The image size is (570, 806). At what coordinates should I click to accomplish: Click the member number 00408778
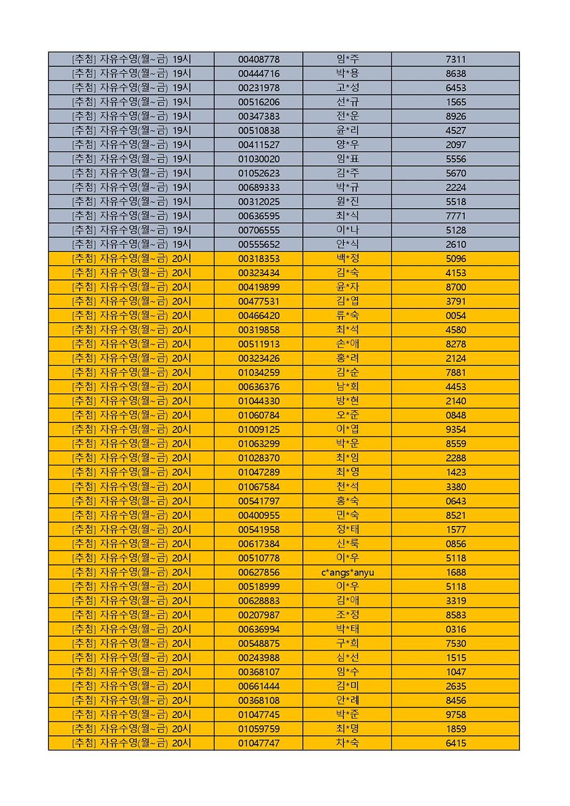tap(259, 60)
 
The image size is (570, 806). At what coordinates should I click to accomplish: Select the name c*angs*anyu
tap(347, 572)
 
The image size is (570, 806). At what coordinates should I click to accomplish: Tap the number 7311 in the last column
tap(455, 60)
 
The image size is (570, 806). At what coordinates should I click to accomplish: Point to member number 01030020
tap(259, 159)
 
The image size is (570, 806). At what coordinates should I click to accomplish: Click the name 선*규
tap(347, 102)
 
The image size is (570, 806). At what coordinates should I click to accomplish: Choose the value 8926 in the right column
tap(455, 116)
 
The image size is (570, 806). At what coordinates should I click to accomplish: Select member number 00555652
tap(259, 244)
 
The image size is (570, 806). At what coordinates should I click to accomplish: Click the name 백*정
tap(347, 259)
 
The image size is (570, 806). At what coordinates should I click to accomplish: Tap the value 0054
tap(455, 316)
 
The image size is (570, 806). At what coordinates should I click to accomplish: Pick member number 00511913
tap(259, 344)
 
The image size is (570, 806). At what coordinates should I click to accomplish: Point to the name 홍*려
tap(347, 358)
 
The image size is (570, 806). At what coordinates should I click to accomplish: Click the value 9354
tap(455, 430)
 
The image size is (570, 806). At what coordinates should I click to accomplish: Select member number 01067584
tap(259, 486)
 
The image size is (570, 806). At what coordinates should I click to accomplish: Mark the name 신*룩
tap(347, 544)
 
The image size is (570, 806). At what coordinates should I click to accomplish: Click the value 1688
tap(455, 572)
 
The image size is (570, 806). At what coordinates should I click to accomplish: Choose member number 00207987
tap(259, 615)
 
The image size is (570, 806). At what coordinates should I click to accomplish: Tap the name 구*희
tap(347, 643)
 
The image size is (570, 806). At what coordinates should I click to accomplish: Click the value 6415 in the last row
tap(455, 743)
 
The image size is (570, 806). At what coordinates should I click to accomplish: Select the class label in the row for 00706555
tap(131, 230)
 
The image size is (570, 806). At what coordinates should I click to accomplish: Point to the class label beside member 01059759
tap(131, 729)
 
